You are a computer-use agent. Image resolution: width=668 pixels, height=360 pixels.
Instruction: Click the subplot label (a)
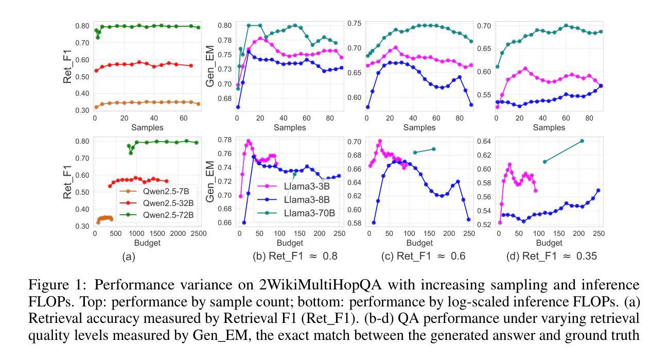(128, 256)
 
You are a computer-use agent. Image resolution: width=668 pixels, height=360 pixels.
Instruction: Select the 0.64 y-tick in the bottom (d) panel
(484, 141)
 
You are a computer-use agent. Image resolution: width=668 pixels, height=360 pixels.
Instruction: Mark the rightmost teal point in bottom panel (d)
(582, 141)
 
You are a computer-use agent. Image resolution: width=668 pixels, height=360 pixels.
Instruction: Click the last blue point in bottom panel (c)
(468, 219)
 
